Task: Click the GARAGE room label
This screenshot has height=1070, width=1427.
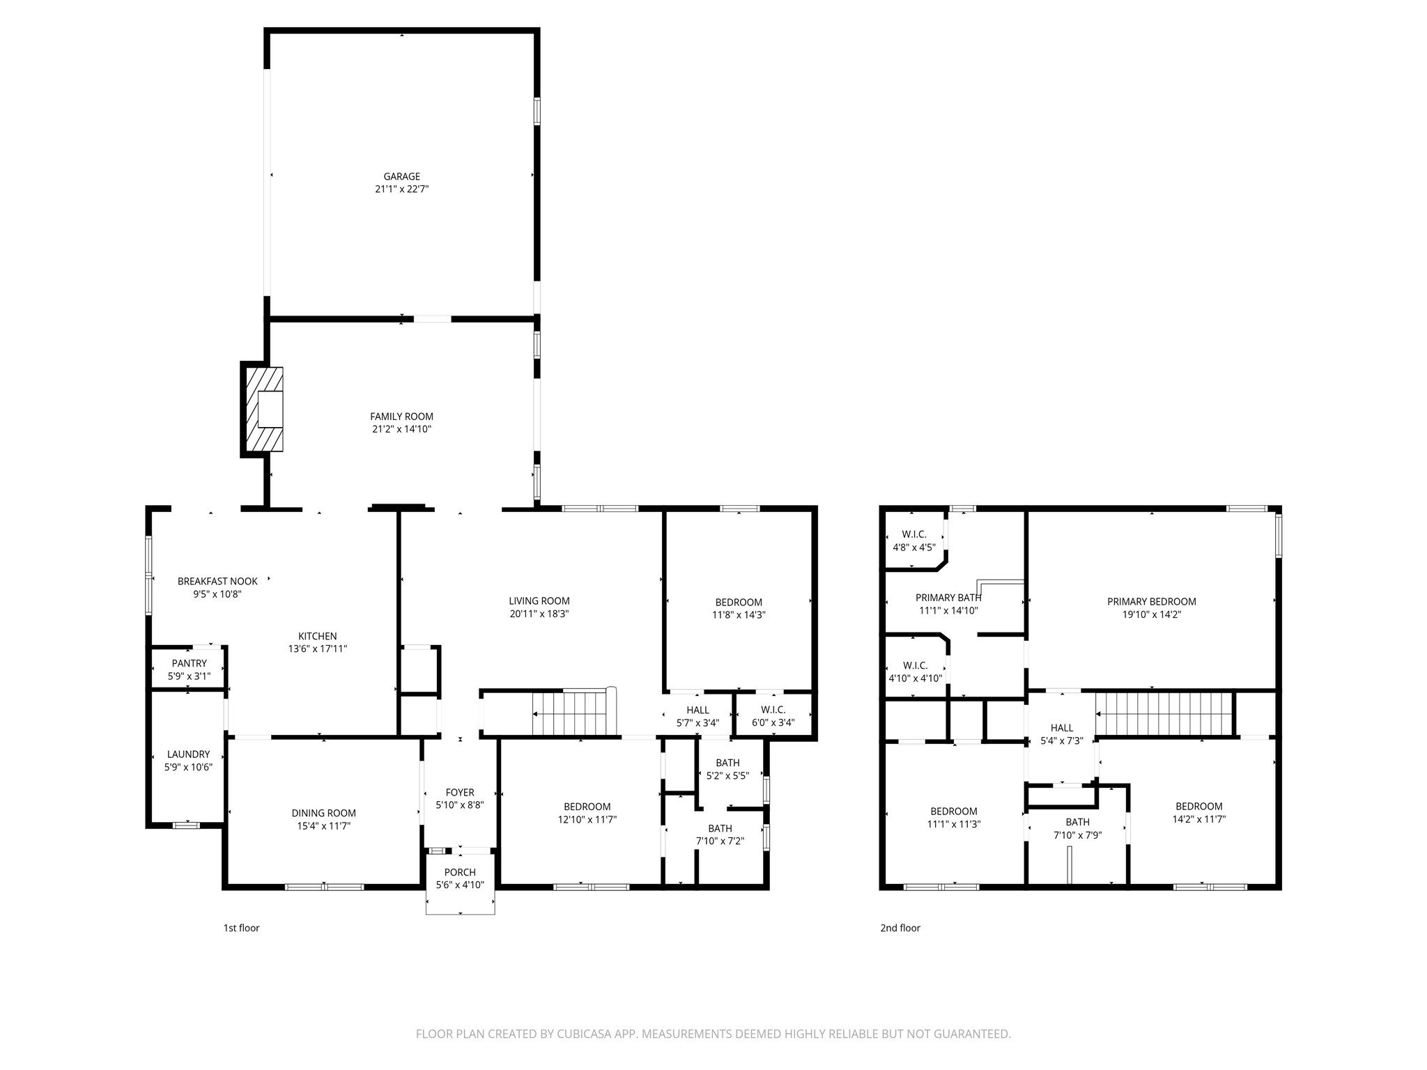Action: click(401, 177)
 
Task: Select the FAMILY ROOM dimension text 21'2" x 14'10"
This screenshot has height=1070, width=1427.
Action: click(401, 429)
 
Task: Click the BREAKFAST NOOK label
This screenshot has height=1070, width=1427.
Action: click(217, 581)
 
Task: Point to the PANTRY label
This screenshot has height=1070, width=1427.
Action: click(189, 663)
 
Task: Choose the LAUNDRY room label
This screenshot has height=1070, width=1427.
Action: click(188, 754)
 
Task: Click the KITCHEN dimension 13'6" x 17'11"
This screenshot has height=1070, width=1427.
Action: click(317, 649)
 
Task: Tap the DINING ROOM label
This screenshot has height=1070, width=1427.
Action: click(323, 813)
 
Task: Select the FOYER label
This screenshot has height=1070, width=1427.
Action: click(460, 792)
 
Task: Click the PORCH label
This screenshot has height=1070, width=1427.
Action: click(460, 872)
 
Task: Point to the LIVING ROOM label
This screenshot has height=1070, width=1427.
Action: click(539, 601)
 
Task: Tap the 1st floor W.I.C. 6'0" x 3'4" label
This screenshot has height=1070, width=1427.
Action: click(773, 710)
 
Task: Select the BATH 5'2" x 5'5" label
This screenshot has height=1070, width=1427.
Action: click(727, 763)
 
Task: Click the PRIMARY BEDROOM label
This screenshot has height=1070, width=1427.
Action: click(1151, 602)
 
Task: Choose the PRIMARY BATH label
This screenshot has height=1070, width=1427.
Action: click(948, 598)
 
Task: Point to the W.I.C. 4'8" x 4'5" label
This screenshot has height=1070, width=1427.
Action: click(913, 534)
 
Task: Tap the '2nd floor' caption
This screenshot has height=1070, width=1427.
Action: click(900, 928)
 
